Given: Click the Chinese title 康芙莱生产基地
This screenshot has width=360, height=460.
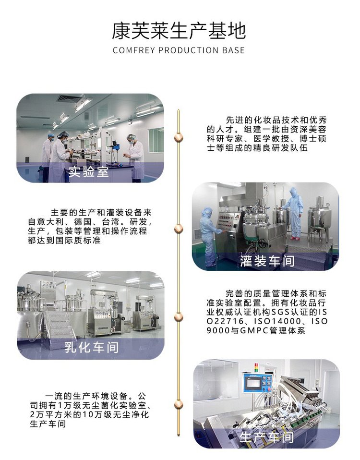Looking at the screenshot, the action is [179, 31].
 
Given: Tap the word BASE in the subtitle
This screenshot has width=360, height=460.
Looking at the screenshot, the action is [233, 50].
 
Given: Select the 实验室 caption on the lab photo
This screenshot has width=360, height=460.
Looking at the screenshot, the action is [88, 171].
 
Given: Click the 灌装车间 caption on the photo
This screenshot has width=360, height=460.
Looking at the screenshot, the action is [267, 261].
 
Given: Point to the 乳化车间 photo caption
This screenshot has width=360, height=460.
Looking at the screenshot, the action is [92, 347].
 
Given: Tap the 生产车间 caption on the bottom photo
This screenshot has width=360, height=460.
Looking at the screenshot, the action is [266, 437].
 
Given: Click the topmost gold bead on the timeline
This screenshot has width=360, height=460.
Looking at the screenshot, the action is [178, 137].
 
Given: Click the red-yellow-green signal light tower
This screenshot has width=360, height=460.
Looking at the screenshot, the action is [256, 367].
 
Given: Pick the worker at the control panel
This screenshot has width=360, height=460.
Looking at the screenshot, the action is [210, 236].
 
